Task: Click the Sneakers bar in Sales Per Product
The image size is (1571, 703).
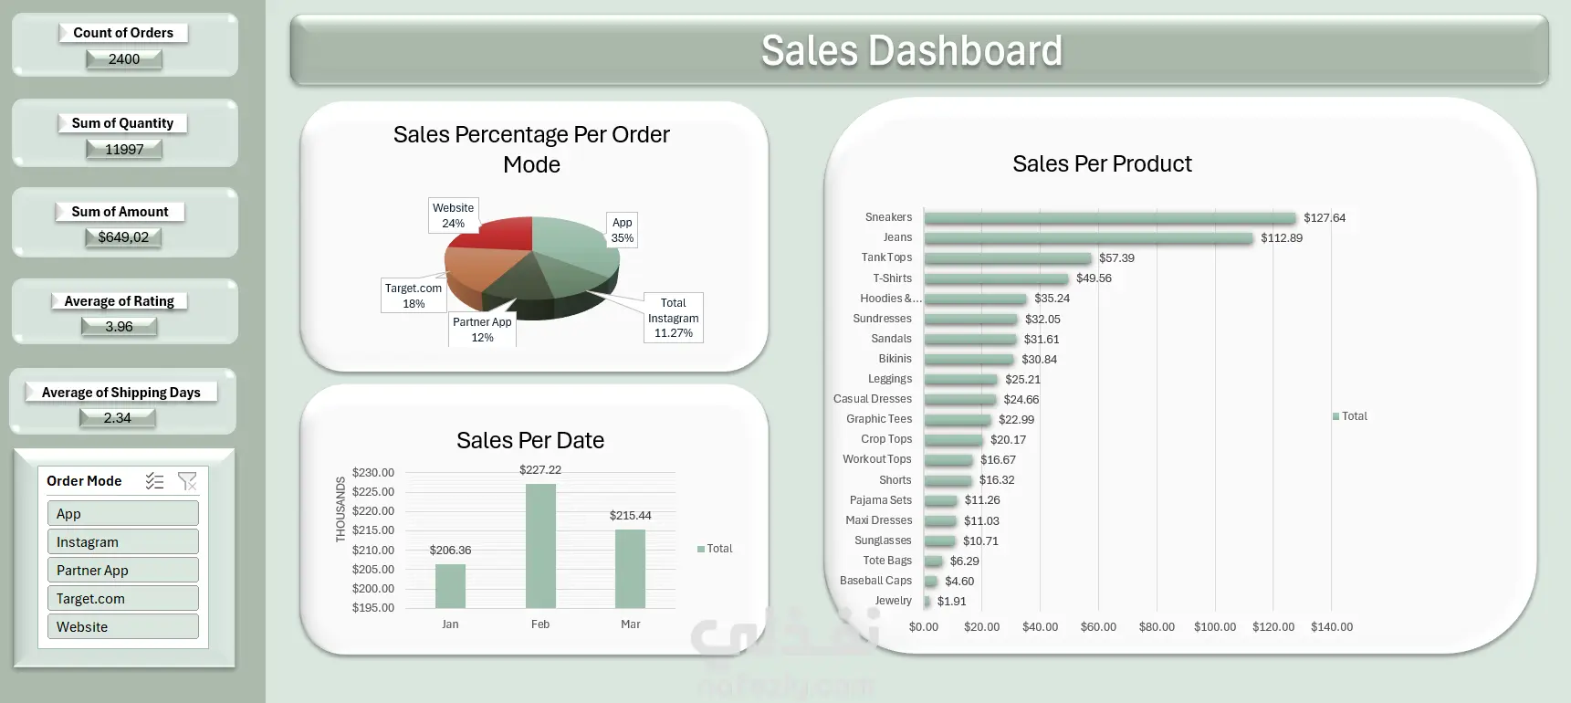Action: (1109, 218)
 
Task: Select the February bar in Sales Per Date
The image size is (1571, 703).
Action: (540, 545)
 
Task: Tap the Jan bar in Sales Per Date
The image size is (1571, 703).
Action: (450, 585)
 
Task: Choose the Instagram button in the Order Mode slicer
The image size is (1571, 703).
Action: (122, 541)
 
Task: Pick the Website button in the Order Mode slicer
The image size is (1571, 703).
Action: (122, 626)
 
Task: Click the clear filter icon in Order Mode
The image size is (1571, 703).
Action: (187, 481)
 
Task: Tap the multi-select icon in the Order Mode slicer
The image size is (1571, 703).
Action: (154, 481)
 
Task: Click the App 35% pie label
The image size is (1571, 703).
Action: (623, 230)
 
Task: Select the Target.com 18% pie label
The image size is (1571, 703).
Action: (414, 296)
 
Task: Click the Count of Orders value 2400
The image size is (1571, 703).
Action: (124, 59)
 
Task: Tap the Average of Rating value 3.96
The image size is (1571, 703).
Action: (119, 327)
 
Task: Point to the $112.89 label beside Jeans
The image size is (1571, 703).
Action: (1282, 238)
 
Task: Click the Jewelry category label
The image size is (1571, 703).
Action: (893, 601)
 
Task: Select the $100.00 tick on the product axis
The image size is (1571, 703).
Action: (1215, 627)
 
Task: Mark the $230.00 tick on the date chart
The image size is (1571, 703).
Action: (373, 473)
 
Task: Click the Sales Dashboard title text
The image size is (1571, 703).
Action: (911, 51)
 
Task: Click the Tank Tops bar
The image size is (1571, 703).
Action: (1007, 258)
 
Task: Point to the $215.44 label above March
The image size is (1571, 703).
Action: (631, 516)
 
